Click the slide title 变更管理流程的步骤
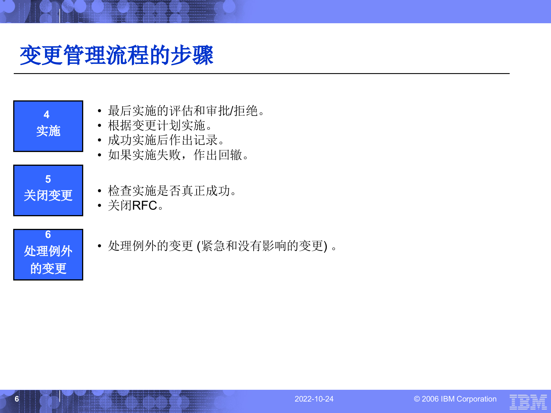tap(117, 55)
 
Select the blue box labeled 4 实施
tap(48, 126)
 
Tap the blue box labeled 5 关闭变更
tap(48, 190)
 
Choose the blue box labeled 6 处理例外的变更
tap(48, 255)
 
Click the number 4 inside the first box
tap(46, 115)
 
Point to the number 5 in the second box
tap(48, 179)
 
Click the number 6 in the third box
tap(48, 235)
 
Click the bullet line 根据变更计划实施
tap(160, 126)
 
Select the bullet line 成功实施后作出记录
tap(166, 140)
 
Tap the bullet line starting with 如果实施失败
tap(178, 155)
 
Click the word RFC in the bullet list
tap(145, 206)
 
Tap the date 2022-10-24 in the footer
tap(314, 399)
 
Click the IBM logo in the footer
tap(528, 402)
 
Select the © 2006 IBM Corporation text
tap(455, 399)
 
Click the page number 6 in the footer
tap(17, 399)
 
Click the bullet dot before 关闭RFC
tap(100, 206)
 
